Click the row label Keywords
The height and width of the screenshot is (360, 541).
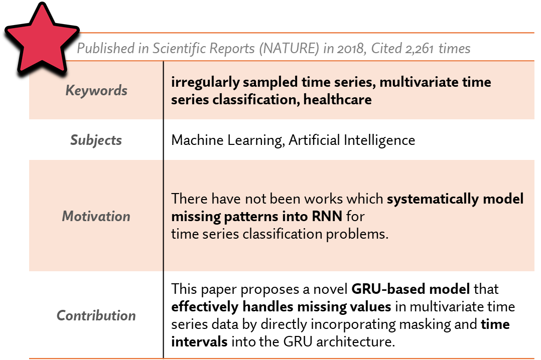(96, 91)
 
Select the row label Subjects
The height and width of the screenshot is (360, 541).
(96, 140)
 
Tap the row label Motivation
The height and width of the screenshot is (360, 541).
(96, 217)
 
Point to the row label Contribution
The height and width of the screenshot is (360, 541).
(96, 315)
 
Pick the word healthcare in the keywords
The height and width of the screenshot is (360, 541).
(337, 99)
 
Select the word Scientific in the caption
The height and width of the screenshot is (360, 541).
(177, 49)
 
